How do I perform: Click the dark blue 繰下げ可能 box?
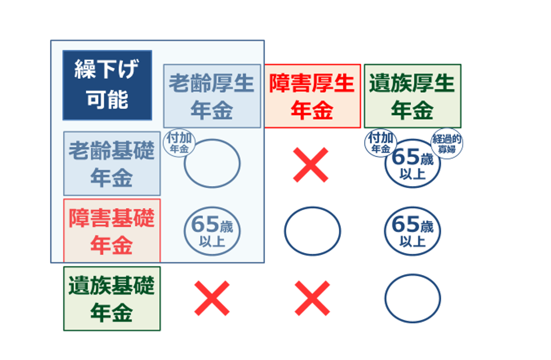107,85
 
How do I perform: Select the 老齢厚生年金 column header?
212,96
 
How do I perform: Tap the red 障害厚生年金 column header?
312,96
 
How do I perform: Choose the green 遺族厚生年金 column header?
413,96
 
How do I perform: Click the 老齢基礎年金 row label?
112,163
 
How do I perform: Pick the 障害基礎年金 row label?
112,231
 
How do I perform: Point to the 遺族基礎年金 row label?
112,298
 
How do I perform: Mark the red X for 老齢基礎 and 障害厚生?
311,165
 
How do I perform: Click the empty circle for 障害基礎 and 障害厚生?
312,207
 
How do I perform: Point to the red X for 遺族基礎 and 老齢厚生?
212,298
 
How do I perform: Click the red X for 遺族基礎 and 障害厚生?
312,298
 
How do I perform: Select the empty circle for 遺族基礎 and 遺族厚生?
413,275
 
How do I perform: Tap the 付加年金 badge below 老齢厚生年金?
179,143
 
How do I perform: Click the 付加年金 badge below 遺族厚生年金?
381,143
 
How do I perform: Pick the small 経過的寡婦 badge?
447,144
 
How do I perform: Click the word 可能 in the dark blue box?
107,99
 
